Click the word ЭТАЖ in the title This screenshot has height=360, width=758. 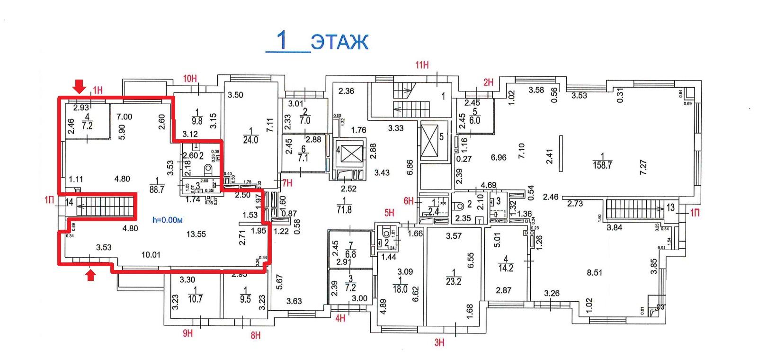[339, 43]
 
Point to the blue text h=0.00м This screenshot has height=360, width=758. [167, 220]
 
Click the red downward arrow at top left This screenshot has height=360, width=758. [80, 86]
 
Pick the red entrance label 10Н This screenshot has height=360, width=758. [189, 79]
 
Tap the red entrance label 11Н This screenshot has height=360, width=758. [422, 65]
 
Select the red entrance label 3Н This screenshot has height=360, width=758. [439, 342]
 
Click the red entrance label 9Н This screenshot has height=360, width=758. [187, 333]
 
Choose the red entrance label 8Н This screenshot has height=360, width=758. [256, 336]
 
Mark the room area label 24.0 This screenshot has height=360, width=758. [250, 140]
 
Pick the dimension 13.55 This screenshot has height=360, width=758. [196, 234]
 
